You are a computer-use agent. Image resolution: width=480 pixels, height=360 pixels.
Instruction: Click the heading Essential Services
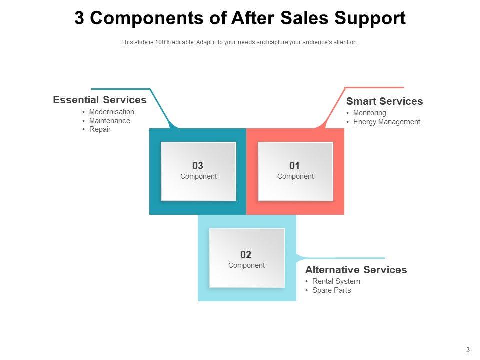click(100, 100)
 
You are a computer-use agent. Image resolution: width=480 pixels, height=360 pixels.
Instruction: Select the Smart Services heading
click(384, 101)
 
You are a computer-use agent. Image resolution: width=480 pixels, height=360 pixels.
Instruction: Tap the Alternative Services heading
click(356, 270)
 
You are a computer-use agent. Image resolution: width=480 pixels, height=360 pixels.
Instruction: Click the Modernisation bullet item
click(111, 112)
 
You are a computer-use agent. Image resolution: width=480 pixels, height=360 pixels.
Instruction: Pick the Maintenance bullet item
click(109, 121)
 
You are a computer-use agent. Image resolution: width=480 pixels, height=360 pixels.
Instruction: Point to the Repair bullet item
click(100, 129)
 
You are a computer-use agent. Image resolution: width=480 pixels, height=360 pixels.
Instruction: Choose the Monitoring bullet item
click(369, 113)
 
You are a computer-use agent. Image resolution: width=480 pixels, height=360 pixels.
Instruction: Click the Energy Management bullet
click(386, 122)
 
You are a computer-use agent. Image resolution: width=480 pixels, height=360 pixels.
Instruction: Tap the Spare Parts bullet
click(331, 290)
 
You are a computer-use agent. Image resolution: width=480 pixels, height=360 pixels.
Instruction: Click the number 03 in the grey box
click(198, 166)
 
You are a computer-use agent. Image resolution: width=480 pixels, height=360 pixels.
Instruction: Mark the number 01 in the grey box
click(295, 166)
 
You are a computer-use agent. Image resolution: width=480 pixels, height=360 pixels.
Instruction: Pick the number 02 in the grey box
click(246, 255)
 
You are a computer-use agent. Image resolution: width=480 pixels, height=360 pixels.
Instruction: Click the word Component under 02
click(246, 265)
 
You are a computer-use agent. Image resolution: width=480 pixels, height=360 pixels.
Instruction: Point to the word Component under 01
click(295, 176)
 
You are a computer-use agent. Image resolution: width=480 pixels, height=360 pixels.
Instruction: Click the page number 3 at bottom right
click(468, 350)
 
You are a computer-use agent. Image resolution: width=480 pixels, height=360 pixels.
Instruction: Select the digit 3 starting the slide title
click(79, 18)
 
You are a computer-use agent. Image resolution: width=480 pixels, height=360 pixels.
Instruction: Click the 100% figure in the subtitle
click(163, 42)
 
